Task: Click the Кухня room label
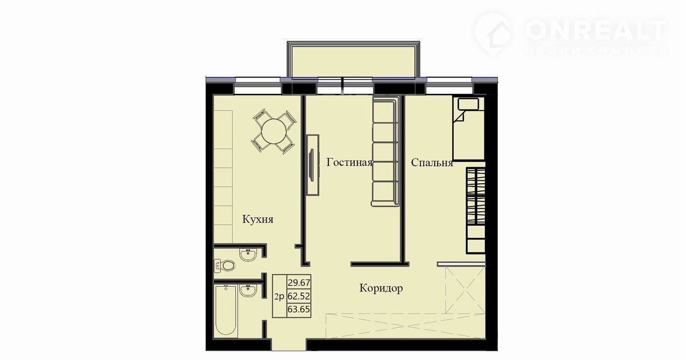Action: [257, 220]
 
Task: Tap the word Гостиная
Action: [349, 162]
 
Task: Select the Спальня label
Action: [432, 162]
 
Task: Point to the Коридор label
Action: [381, 289]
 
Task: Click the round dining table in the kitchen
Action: [274, 131]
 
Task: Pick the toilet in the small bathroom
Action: [225, 265]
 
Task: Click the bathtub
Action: [226, 311]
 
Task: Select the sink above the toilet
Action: [248, 255]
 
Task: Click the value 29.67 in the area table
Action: [299, 282]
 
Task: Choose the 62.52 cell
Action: [299, 297]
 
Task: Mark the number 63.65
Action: [299, 309]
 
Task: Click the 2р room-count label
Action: [279, 297]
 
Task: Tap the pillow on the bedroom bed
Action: [468, 104]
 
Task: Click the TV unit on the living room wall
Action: [313, 164]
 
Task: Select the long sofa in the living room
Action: [385, 151]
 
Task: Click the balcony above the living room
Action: [354, 59]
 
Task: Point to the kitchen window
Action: [257, 85]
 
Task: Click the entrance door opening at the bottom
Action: [289, 345]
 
